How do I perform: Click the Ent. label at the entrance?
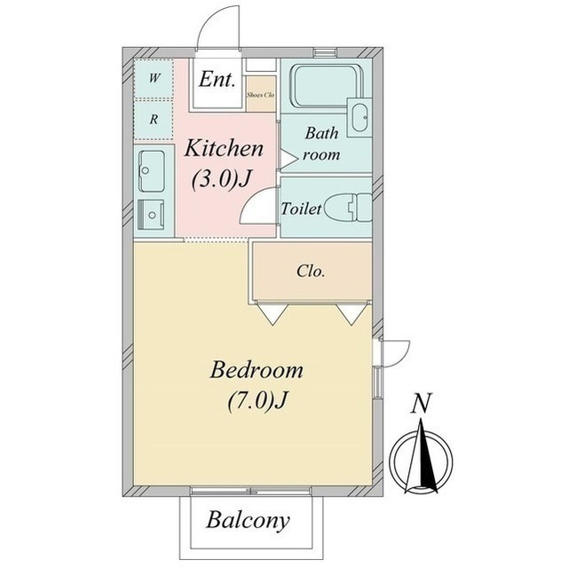(x=217, y=79)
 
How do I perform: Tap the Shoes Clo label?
(x=260, y=95)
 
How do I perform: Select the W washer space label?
(x=154, y=78)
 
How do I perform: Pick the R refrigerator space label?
(x=154, y=119)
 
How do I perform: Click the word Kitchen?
(x=224, y=148)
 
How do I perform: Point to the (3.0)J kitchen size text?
(x=221, y=179)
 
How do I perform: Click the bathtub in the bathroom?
(x=327, y=86)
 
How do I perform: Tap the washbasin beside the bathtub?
(x=359, y=117)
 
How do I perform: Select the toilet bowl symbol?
(x=348, y=207)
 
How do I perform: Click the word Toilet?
(x=302, y=209)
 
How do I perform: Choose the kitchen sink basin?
(x=152, y=171)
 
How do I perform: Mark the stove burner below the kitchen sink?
(x=152, y=215)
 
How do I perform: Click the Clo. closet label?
(x=311, y=271)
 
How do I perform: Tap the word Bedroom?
(x=256, y=370)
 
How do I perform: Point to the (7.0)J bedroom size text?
(x=257, y=400)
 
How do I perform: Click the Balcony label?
(x=248, y=521)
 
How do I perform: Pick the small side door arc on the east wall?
(x=402, y=358)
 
